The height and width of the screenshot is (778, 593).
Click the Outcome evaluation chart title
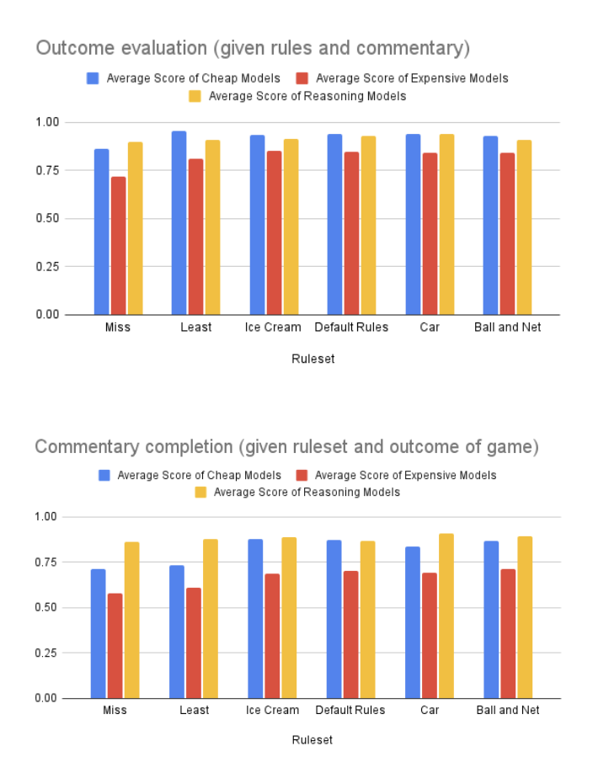point(253,48)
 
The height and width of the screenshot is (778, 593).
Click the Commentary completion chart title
point(286,446)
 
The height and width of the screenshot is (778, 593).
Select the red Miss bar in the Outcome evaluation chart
point(118,245)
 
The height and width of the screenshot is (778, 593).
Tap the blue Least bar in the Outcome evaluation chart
point(179,223)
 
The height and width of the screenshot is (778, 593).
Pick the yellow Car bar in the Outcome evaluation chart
point(446,224)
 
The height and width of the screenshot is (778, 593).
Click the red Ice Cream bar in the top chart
point(274,232)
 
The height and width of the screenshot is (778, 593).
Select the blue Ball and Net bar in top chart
point(490,226)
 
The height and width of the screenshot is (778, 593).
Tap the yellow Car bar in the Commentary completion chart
point(446,615)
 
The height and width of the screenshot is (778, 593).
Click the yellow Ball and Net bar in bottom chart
point(524,617)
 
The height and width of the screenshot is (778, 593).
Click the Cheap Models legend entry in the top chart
point(184,78)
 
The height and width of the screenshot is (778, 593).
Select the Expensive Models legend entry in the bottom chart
point(393,475)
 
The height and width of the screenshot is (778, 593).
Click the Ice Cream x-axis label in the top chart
point(273,328)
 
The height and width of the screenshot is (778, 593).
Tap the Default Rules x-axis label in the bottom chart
point(350,710)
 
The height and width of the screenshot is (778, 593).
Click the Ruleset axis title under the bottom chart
point(312,740)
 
